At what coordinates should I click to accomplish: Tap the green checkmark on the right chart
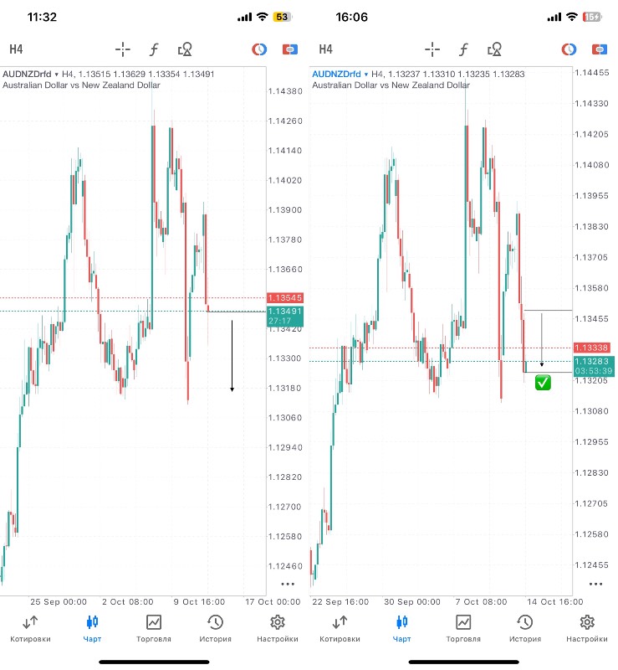[x=543, y=383]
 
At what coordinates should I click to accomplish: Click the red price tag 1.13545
[x=284, y=298]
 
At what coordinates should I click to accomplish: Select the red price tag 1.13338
[x=592, y=347]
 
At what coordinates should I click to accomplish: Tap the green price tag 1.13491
[x=284, y=311]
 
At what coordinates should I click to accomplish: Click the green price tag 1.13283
[x=592, y=361]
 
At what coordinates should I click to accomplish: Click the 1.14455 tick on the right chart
[x=592, y=73]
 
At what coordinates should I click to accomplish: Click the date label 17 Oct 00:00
[x=273, y=601]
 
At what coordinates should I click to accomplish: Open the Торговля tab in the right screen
[x=462, y=628]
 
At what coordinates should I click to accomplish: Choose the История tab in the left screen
[x=215, y=628]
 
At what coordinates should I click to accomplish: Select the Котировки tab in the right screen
[x=340, y=628]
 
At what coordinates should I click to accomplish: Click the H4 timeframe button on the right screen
[x=325, y=49]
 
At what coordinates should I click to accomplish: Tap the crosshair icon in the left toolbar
[x=123, y=49]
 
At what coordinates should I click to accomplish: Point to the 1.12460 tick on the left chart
[x=285, y=566]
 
